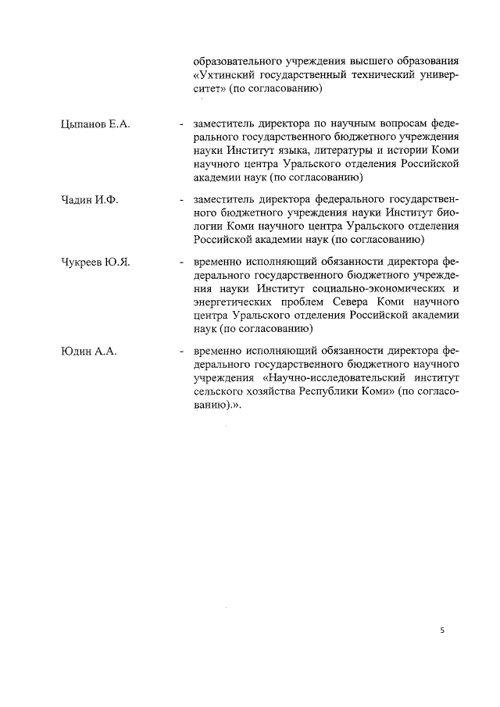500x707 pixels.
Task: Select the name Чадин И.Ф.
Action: (x=88, y=198)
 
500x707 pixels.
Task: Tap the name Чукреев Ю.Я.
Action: (x=95, y=262)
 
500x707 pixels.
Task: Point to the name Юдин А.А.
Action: (x=88, y=351)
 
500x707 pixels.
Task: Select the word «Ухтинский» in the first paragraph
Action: (x=226, y=75)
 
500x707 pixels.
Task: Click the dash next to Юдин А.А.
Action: (x=181, y=351)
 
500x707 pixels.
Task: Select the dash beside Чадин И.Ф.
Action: (x=181, y=198)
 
